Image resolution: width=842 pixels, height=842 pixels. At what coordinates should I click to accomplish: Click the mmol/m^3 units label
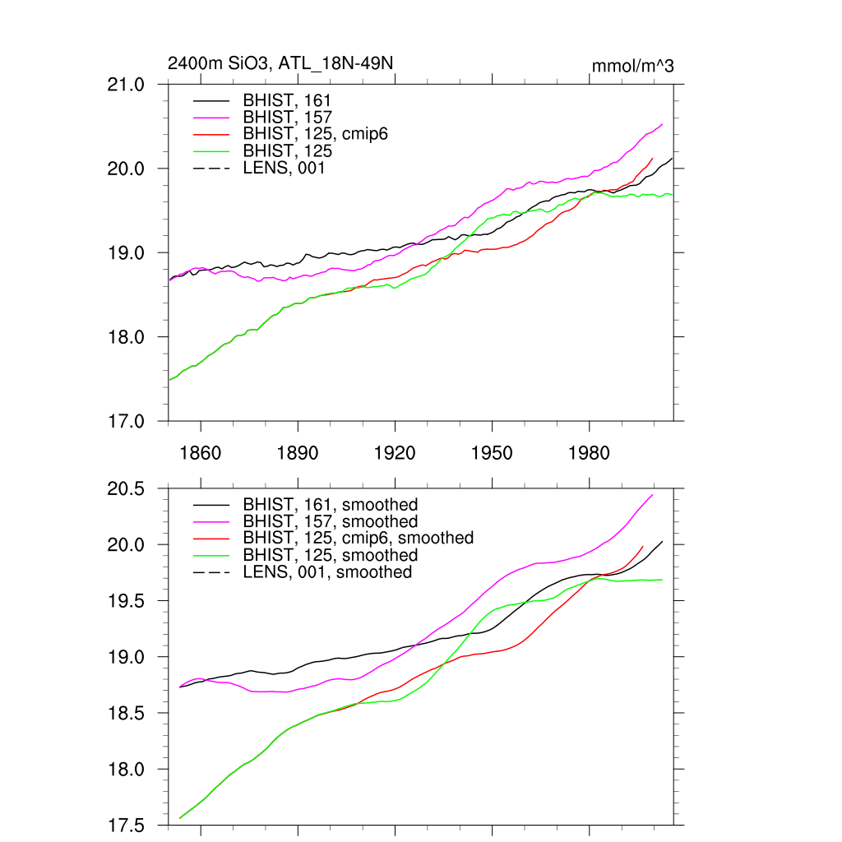tap(632, 67)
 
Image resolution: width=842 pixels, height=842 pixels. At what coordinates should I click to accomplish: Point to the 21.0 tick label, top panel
tap(127, 85)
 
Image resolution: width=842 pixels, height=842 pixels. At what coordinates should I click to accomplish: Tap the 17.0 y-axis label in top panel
tap(127, 421)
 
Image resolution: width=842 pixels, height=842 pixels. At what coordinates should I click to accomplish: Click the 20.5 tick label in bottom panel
tap(127, 489)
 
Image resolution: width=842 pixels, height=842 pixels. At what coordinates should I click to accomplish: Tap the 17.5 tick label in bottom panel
tap(127, 826)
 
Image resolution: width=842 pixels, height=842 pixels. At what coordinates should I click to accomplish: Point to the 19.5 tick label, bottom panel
tap(127, 601)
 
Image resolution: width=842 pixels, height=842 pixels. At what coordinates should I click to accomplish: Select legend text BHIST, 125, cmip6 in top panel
tap(315, 134)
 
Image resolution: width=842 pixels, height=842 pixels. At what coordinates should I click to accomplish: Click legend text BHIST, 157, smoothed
tap(331, 521)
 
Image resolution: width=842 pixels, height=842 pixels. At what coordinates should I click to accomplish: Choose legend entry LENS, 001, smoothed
tap(327, 571)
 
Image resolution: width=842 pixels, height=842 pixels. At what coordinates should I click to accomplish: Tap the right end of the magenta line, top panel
tap(663, 124)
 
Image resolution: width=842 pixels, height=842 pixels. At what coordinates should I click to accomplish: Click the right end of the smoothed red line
tap(643, 546)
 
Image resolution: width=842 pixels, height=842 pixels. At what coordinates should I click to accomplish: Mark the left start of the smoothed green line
tap(179, 818)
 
